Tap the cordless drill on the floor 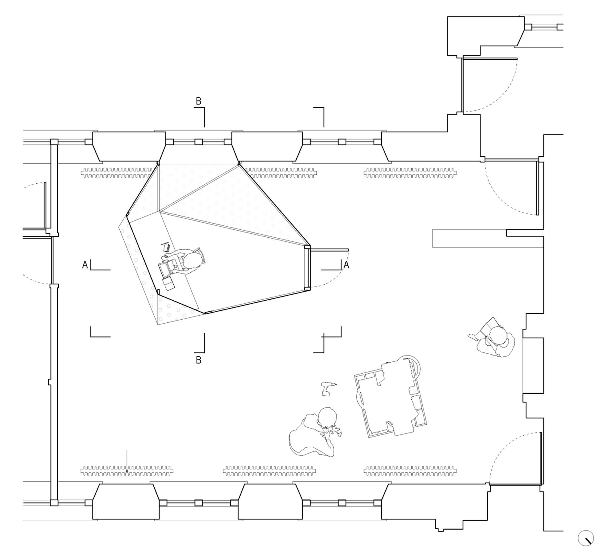pyautogui.click(x=328, y=389)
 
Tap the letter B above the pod pyautogui.click(x=199, y=101)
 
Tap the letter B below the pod pyautogui.click(x=199, y=360)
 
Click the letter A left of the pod pyautogui.click(x=85, y=265)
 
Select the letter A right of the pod pyautogui.click(x=346, y=265)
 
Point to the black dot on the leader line pyautogui.click(x=127, y=471)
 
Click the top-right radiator pyautogui.click(x=410, y=173)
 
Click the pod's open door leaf pyautogui.click(x=329, y=250)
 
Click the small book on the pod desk pyautogui.click(x=166, y=248)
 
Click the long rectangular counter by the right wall pyautogui.click(x=488, y=238)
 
